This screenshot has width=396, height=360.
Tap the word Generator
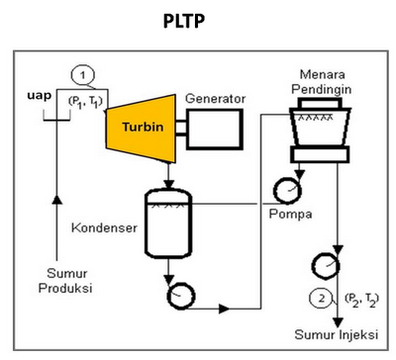coord(215,99)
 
